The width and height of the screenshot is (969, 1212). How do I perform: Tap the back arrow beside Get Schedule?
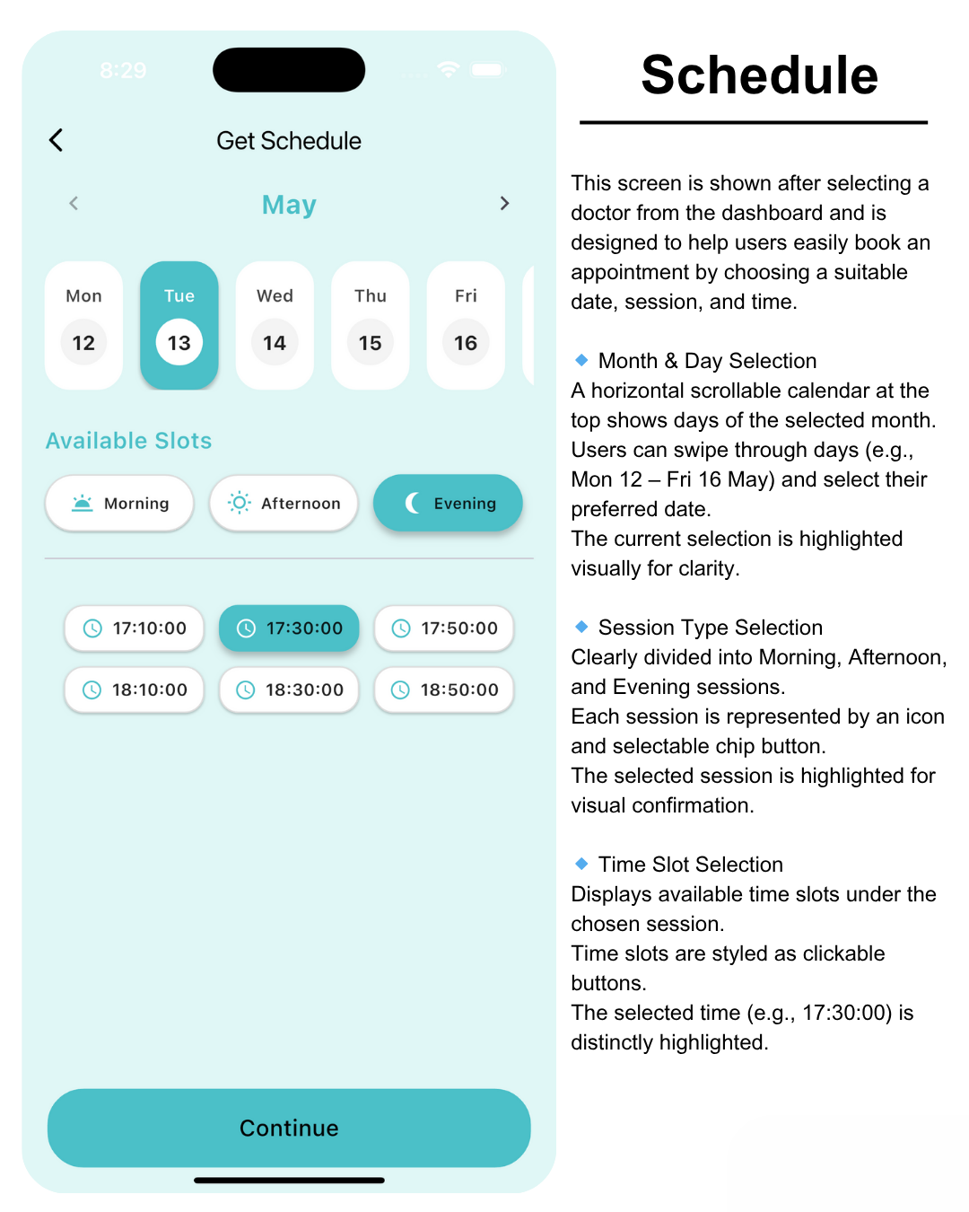tap(57, 140)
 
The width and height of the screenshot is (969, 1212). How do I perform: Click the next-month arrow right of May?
tap(504, 204)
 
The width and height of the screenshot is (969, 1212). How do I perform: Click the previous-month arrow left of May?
tap(74, 204)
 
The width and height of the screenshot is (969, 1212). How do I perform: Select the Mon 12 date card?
tap(83, 325)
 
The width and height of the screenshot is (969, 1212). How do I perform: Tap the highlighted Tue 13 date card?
tap(179, 325)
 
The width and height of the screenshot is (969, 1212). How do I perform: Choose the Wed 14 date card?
tap(275, 325)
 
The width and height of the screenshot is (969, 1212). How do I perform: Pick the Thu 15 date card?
tap(371, 325)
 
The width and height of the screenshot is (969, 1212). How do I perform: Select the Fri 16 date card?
tap(466, 325)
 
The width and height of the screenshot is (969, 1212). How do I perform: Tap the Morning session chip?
tap(119, 503)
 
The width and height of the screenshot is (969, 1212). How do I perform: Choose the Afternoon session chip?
tap(284, 503)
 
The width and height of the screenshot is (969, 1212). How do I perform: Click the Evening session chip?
tap(448, 503)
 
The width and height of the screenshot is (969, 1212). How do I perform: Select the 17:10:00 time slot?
tap(135, 628)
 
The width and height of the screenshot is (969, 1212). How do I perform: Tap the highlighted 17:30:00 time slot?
tap(289, 628)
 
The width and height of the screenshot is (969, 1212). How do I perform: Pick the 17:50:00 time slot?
tap(444, 628)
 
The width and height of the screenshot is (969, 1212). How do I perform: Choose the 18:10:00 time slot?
tap(135, 689)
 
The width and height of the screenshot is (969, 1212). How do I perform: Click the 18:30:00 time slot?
tap(289, 689)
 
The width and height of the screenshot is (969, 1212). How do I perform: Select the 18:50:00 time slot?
tap(444, 689)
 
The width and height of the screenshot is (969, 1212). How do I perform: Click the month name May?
tap(289, 205)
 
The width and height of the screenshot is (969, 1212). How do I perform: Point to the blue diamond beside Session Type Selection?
tap(581, 627)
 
